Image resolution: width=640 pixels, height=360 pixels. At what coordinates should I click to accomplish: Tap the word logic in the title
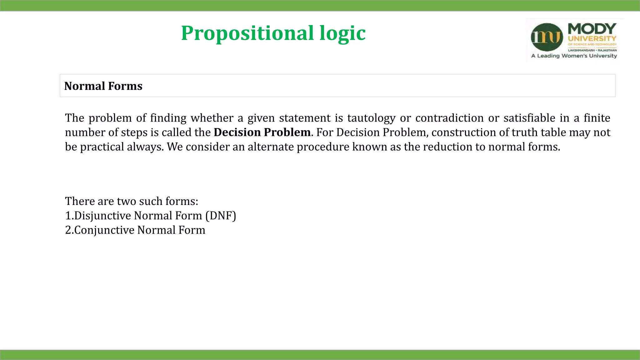[342, 33]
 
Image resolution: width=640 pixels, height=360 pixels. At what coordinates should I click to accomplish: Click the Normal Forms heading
[103, 86]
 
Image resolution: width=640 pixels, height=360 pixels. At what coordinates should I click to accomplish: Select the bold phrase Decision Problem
[262, 132]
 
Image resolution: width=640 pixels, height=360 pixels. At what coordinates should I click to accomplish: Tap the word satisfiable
[529, 118]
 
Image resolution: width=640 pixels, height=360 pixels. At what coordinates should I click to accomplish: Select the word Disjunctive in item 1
[102, 216]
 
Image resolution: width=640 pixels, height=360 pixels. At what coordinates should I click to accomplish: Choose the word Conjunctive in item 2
[104, 230]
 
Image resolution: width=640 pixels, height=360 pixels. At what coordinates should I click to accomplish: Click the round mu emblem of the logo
[547, 37]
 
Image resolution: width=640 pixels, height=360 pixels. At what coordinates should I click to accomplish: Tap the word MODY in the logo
[592, 29]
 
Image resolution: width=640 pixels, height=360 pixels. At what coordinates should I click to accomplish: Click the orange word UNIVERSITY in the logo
[592, 39]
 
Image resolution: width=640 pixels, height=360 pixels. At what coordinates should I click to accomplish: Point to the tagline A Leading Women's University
[574, 56]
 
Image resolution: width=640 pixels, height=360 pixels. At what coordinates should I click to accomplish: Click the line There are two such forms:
[132, 201]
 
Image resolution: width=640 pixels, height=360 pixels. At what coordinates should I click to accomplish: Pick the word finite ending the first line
[597, 118]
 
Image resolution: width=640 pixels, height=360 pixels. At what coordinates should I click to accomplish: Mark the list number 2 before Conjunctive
[68, 230]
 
